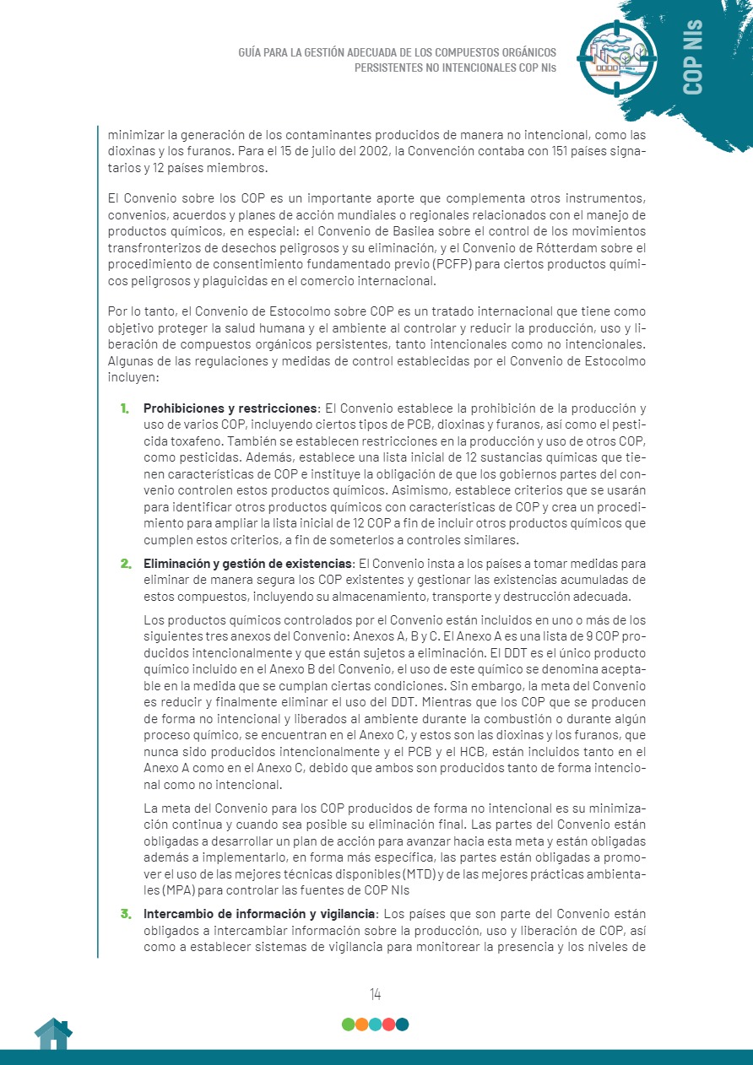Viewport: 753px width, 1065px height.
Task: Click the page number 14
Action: pos(375,994)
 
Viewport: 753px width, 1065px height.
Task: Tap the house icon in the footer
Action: pos(52,1034)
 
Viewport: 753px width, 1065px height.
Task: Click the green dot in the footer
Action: pos(348,1024)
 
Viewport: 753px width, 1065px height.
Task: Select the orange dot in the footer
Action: pos(361,1024)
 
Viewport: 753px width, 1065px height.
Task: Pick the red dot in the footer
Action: pos(388,1024)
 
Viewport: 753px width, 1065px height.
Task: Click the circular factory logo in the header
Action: pos(617,56)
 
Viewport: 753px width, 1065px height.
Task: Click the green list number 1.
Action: pos(124,408)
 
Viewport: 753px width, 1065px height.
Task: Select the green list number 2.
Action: pos(125,563)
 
